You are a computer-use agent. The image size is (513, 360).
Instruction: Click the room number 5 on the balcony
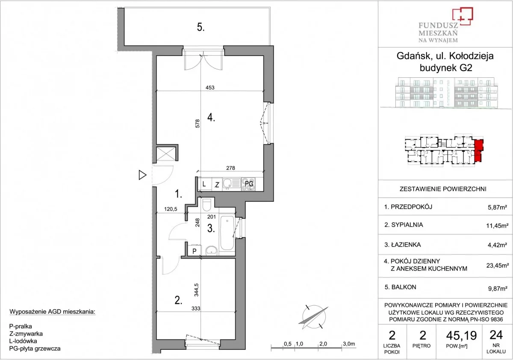tap(200, 27)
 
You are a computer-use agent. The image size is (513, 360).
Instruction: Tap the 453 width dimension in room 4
tap(210, 88)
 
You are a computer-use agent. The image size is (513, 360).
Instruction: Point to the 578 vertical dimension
tap(198, 124)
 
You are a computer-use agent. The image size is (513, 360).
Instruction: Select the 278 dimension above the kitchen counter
tap(230, 168)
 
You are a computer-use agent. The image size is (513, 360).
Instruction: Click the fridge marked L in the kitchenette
tap(204, 184)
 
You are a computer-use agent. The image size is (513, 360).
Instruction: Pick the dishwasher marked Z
tap(217, 184)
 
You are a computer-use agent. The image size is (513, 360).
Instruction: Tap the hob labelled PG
tap(248, 184)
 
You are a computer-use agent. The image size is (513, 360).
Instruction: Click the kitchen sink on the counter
tap(232, 184)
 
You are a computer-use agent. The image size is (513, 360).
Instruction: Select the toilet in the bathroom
tap(207, 204)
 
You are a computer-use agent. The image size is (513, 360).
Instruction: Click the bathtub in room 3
tap(227, 233)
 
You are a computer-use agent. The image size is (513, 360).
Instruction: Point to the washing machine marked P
tap(194, 251)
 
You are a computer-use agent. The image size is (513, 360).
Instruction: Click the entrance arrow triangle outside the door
tap(142, 175)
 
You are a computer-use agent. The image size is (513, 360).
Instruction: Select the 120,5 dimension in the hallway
tap(171, 209)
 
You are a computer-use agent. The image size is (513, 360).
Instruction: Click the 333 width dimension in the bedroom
tap(196, 308)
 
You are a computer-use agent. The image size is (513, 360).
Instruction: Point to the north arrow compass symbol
tap(313, 317)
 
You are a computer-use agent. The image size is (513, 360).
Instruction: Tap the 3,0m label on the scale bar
tap(349, 344)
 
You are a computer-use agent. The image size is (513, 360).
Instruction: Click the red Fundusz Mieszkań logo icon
tap(463, 16)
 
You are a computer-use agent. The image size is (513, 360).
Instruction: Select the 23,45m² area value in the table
tap(496, 266)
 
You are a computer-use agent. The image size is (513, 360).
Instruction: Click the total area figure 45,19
tap(461, 336)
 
